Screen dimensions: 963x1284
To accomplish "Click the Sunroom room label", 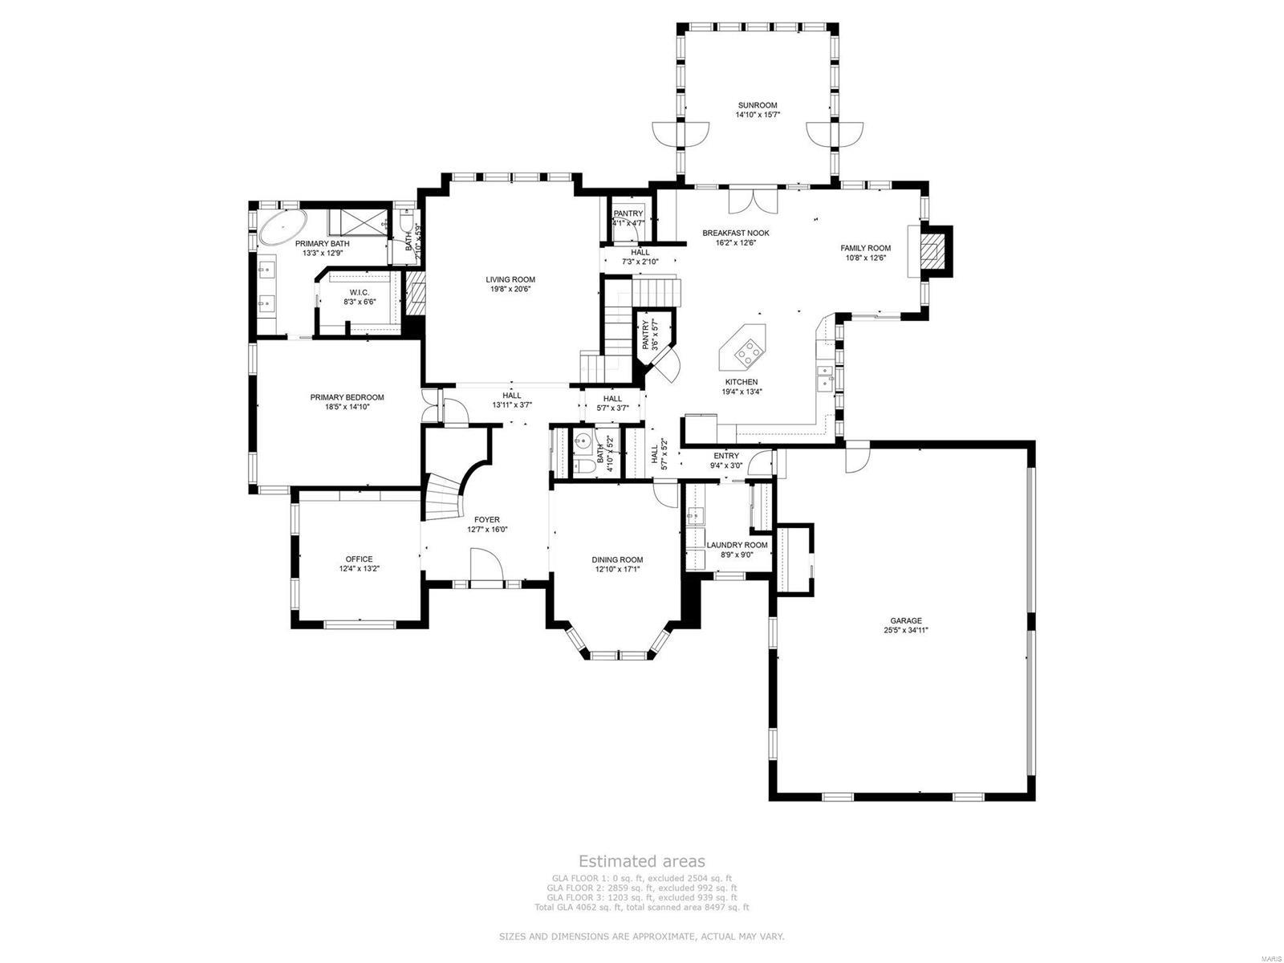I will [x=758, y=105].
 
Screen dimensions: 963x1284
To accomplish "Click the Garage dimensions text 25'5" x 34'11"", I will [x=905, y=631].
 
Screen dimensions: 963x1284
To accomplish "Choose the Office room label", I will [x=359, y=559].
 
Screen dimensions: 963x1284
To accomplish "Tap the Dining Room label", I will [x=617, y=560].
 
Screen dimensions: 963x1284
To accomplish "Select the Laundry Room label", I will [x=737, y=545].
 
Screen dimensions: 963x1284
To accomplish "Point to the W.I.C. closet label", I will [x=359, y=292].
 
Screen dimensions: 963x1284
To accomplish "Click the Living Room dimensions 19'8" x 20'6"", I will [x=510, y=290].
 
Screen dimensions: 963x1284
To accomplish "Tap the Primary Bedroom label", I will [x=347, y=397].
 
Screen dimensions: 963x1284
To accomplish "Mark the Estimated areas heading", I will [x=642, y=861].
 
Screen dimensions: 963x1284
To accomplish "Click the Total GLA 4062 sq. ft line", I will [x=642, y=908].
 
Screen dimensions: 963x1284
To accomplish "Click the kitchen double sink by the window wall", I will [x=823, y=376].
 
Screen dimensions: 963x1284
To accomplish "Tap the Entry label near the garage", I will [x=726, y=456].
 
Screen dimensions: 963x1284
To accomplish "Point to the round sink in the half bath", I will [x=583, y=441].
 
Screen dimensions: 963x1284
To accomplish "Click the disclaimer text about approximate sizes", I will [x=642, y=937].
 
